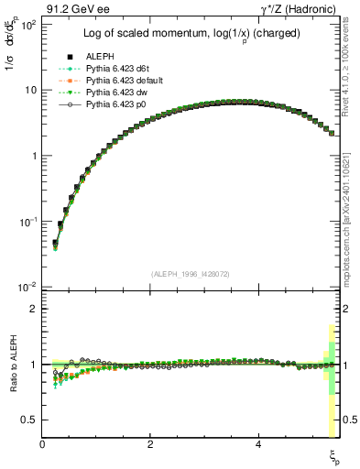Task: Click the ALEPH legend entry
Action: pos(97,55)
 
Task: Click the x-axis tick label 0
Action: pos(43,444)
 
